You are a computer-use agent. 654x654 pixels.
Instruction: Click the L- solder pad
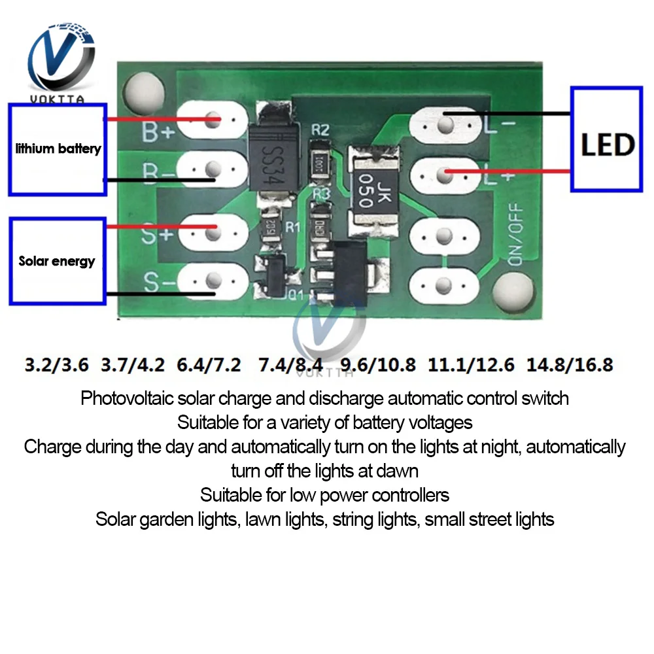tap(445, 123)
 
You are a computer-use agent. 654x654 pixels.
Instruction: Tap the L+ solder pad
tap(445, 174)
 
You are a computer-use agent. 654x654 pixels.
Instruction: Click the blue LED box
tap(606, 139)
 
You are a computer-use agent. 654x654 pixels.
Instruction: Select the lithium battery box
tap(58, 149)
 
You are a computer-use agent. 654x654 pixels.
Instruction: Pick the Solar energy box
tap(58, 261)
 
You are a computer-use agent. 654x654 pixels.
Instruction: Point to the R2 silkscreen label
tap(320, 130)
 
